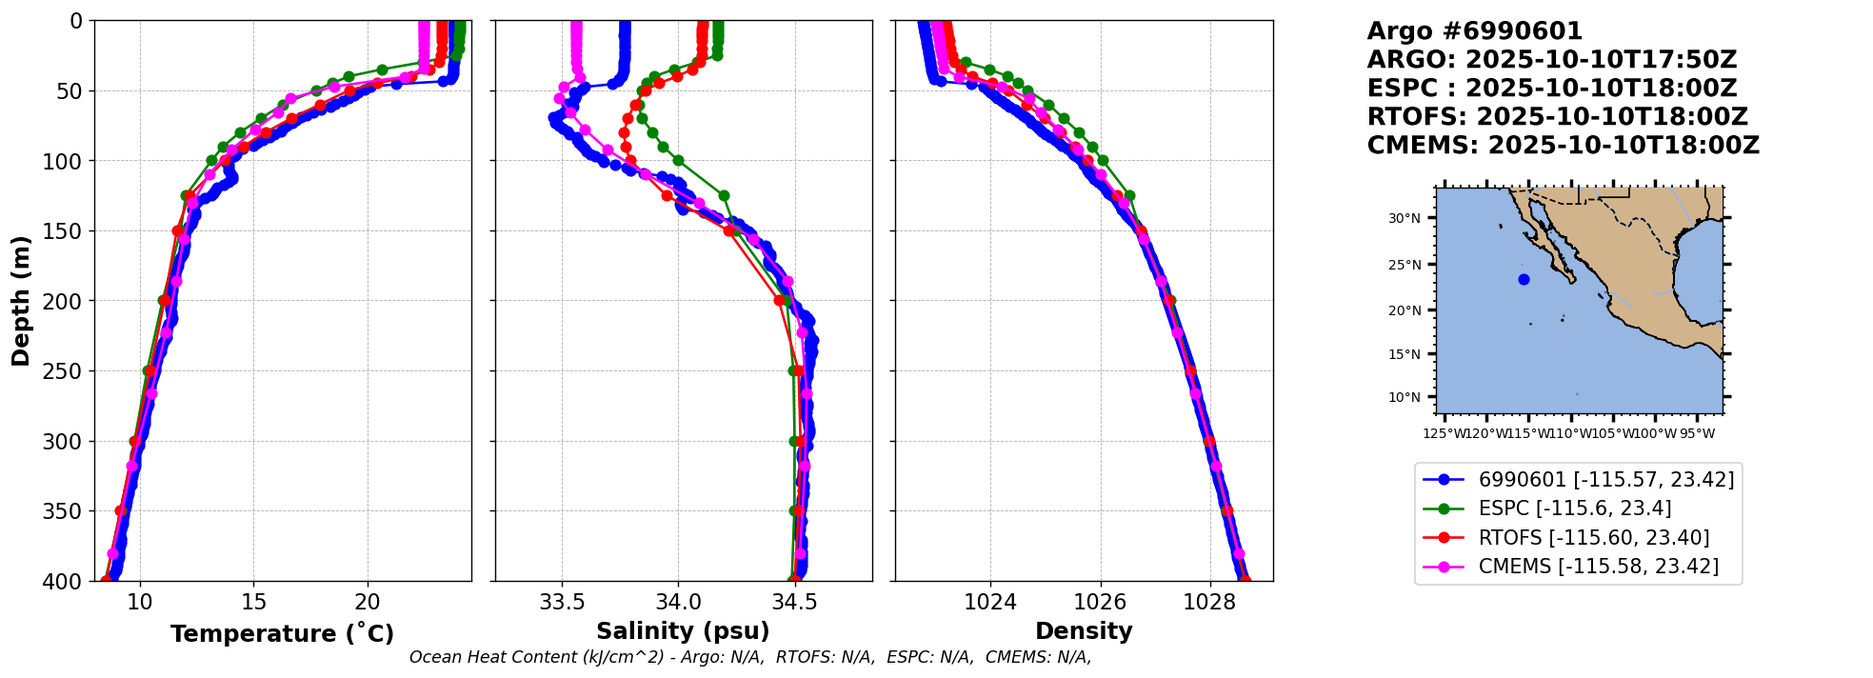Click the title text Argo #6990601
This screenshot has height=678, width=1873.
point(1474,31)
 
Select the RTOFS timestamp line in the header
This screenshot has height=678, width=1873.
point(1557,117)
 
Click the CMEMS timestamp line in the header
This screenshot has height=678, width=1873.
point(1563,146)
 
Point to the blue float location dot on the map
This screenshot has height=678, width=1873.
point(1524,279)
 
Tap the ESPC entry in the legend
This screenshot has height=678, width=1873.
point(1574,508)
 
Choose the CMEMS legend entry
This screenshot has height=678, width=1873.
point(1598,567)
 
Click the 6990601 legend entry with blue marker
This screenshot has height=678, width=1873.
point(1605,480)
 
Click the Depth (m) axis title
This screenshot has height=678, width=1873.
point(21,301)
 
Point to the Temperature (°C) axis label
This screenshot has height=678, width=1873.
point(282,633)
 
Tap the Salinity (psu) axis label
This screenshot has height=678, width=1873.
point(683,631)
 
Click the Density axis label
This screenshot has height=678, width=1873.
point(1084,631)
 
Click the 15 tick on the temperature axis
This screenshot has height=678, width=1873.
point(253,602)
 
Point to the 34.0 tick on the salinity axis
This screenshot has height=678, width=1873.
point(677,602)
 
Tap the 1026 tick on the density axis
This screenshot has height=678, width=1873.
point(1100,602)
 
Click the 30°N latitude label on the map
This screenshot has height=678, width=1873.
point(1404,219)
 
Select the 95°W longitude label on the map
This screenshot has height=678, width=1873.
point(1697,434)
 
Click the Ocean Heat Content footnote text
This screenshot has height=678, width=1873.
point(749,657)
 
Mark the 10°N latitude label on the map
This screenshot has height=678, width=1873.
point(1404,397)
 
